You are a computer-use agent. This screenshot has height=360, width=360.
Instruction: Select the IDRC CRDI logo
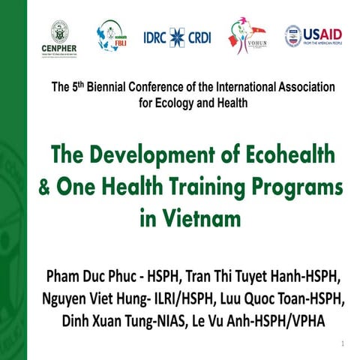pyautogui.click(x=176, y=37)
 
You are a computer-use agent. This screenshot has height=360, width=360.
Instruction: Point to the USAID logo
pyautogui.click(x=313, y=35)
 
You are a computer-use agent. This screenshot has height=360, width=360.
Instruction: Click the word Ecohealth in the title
pyautogui.click(x=283, y=158)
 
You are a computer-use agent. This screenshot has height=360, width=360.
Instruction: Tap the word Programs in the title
pyautogui.click(x=300, y=187)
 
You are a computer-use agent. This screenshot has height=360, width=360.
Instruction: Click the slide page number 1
pyautogui.click(x=342, y=343)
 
